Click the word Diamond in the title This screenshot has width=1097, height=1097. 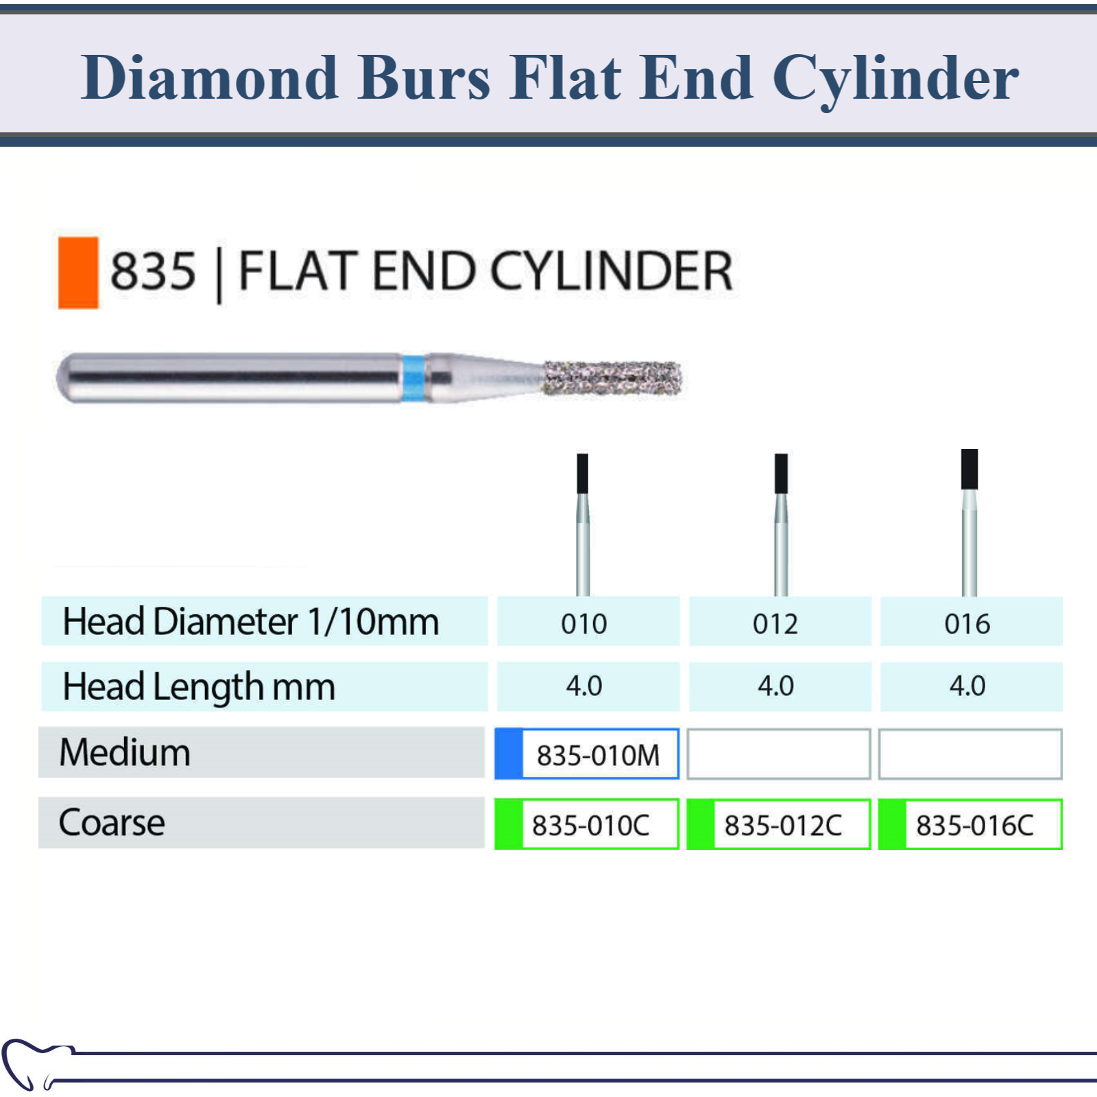point(210,77)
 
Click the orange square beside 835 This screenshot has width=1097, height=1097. point(78,272)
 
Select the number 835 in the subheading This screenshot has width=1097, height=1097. point(153,271)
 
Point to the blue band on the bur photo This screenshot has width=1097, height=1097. point(413,378)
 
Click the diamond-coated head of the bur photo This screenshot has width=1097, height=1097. point(612,378)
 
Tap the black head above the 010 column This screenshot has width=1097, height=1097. point(583,473)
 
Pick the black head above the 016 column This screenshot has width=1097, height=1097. point(969,469)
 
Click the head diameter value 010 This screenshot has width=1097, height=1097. point(584,624)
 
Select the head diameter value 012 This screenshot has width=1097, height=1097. point(775,624)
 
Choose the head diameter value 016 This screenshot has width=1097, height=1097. point(967,624)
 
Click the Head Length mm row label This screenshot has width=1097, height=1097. point(199,687)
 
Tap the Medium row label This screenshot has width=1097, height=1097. point(125,752)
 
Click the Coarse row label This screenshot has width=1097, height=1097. point(112,822)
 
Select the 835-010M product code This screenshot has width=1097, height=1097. point(598,756)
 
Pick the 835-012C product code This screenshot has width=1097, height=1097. point(783,825)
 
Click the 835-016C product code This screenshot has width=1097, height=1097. point(975,825)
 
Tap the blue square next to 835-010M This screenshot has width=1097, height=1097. point(509,754)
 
